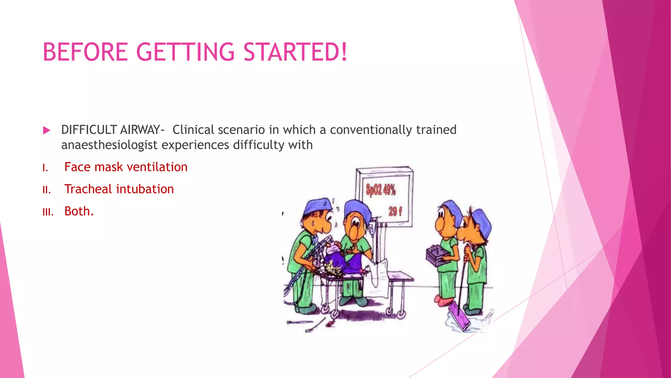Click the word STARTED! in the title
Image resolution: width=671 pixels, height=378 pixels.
[295, 52]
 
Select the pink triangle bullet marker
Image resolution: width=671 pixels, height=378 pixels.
[47, 131]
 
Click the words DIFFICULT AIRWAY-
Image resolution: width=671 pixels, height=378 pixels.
[112, 130]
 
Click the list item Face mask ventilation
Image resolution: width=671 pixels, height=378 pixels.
[126, 167]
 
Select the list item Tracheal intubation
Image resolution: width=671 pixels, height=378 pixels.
[119, 189]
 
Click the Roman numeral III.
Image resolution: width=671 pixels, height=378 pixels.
[48, 212]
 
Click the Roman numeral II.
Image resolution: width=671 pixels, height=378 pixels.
[47, 190]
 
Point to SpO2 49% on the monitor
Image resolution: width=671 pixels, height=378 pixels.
[381, 190]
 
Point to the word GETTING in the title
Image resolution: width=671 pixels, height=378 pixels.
[185, 52]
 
